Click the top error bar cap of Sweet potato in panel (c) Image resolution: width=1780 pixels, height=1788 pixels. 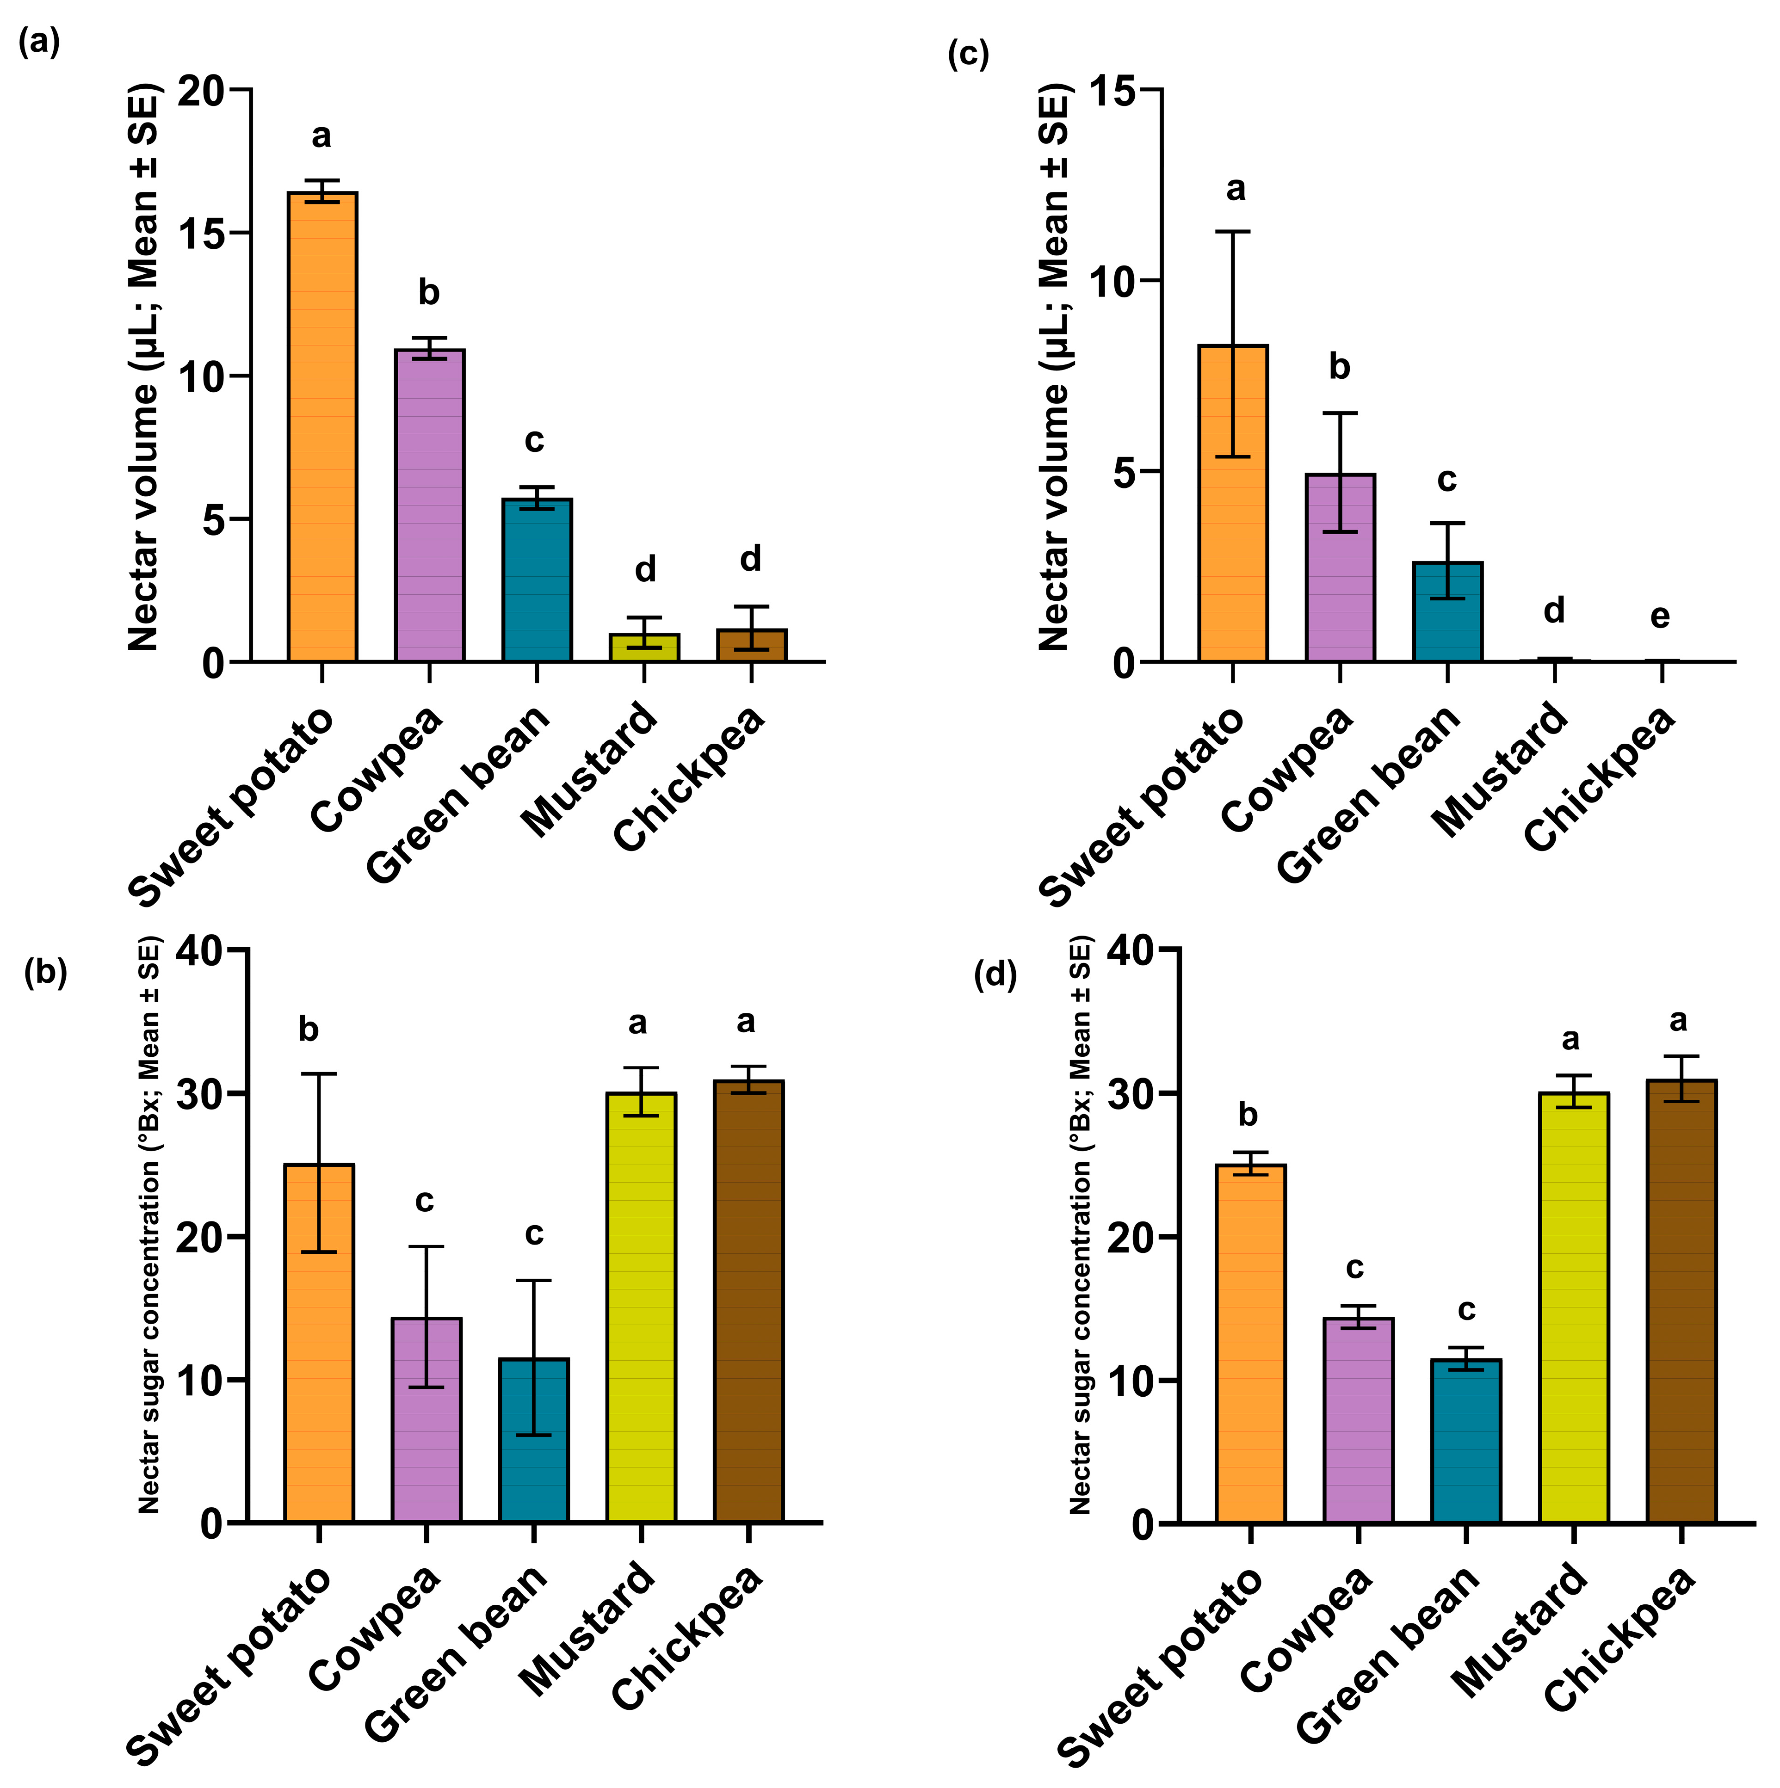point(1233,231)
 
